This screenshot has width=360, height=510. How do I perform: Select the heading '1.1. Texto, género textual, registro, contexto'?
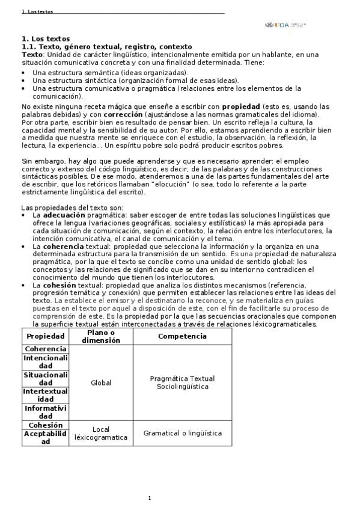[106, 46]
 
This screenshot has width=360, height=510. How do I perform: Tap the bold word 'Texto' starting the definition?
[32, 54]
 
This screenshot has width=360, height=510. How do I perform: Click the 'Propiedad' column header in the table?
[46, 336]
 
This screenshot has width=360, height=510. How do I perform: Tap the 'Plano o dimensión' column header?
[101, 336]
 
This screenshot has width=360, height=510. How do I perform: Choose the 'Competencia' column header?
[182, 336]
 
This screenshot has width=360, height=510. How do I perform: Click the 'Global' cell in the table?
[101, 382]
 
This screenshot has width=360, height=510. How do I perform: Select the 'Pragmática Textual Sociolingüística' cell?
[182, 382]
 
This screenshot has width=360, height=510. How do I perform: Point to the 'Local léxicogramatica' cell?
[101, 433]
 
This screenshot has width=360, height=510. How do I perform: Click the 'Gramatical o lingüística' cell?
[182, 433]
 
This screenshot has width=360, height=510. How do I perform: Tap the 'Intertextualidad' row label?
[46, 395]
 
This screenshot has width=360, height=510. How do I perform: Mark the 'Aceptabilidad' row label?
[46, 437]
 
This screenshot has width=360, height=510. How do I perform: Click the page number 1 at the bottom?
[150, 498]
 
